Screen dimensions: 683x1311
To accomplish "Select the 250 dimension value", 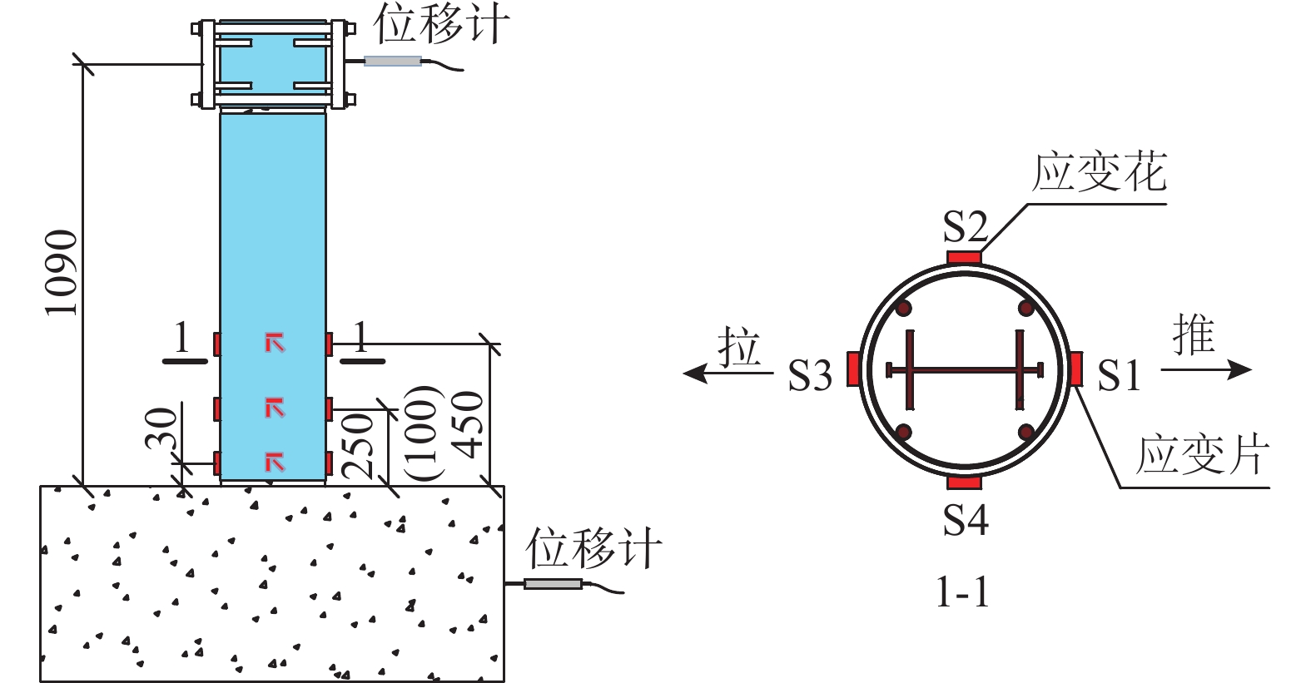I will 359,445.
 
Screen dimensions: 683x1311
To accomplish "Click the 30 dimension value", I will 162,428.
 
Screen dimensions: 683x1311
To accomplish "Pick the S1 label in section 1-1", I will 1118,375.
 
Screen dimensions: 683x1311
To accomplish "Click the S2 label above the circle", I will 965,226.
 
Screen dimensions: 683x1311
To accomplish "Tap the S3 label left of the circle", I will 810,376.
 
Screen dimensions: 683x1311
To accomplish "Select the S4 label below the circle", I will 965,520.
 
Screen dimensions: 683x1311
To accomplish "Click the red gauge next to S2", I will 965,256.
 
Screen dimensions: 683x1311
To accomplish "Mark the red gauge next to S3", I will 853,369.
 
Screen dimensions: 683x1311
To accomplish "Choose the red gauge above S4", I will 965,483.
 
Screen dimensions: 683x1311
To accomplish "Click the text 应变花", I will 1099,173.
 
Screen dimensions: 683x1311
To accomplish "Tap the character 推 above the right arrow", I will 1194,334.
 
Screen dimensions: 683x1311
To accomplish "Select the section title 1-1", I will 963,592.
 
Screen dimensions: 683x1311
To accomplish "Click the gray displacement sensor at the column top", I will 393,61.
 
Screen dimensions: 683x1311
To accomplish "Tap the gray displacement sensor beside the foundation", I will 553,584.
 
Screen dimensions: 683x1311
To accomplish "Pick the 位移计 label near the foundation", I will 593,549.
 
